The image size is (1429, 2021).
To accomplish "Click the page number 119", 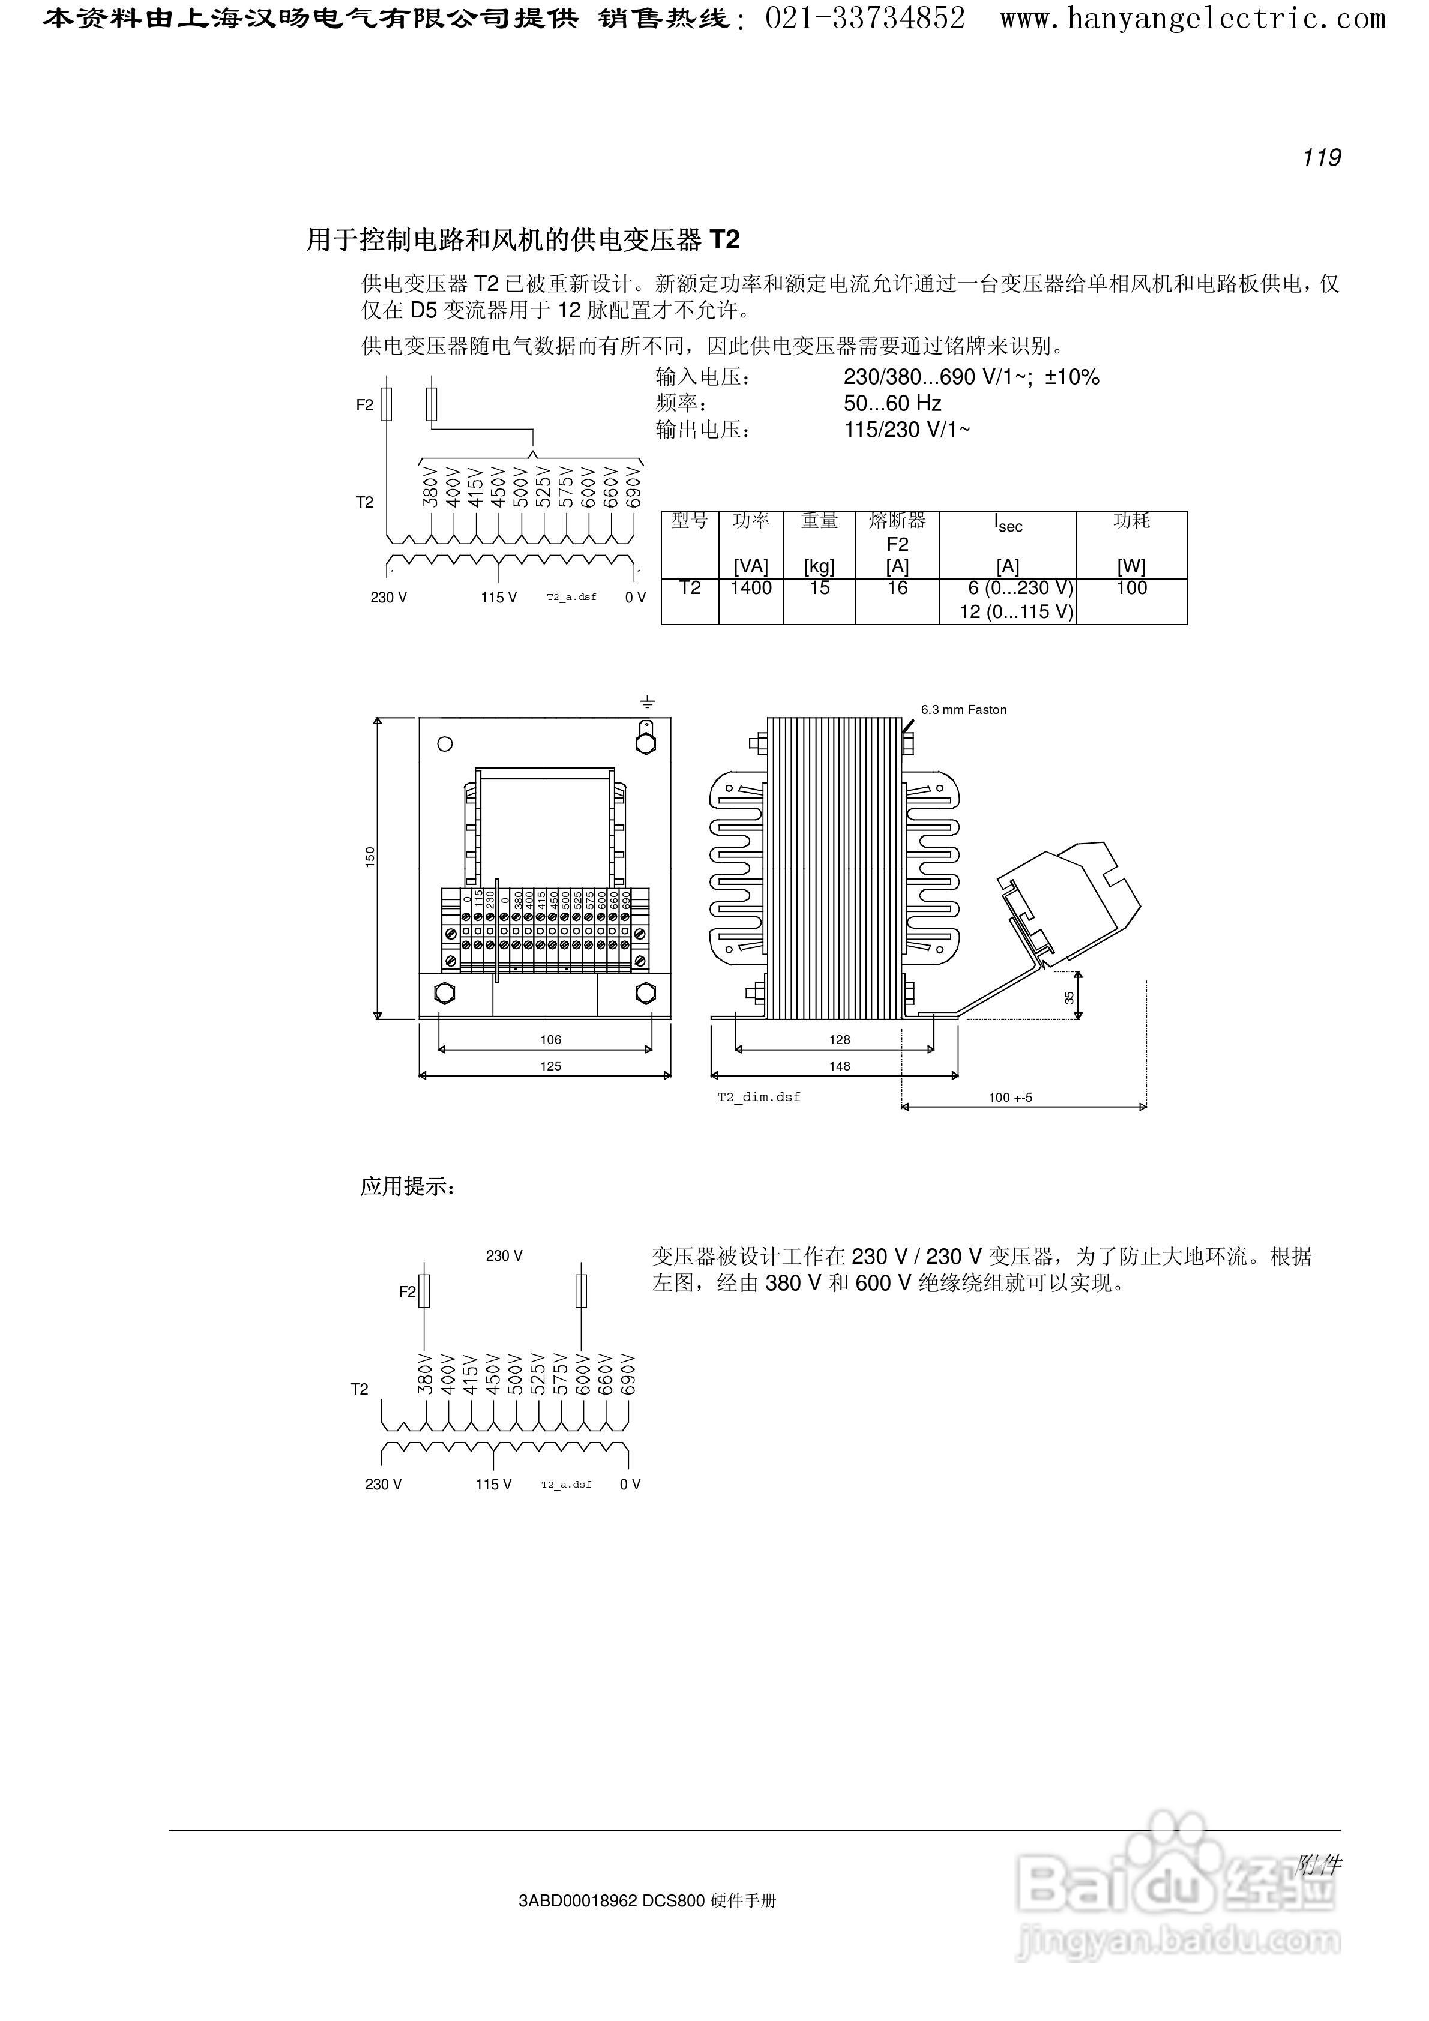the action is click(x=1322, y=158).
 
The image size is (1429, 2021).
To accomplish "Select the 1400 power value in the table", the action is click(x=750, y=588).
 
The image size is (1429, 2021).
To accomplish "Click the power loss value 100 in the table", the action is click(x=1131, y=588).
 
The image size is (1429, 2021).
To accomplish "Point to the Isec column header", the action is click(x=1008, y=524).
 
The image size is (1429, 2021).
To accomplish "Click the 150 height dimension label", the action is click(x=370, y=856).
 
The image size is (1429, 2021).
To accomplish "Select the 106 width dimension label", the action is click(x=550, y=1039).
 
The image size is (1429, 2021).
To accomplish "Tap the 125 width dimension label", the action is click(x=550, y=1066).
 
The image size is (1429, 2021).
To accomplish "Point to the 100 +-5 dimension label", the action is click(x=1010, y=1098).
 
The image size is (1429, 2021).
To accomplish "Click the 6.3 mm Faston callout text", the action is click(x=963, y=709).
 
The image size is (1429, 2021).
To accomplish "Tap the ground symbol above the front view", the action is click(x=647, y=703).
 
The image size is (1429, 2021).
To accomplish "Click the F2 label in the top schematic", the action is click(x=364, y=405).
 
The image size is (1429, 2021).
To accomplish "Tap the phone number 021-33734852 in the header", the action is click(x=865, y=17).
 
